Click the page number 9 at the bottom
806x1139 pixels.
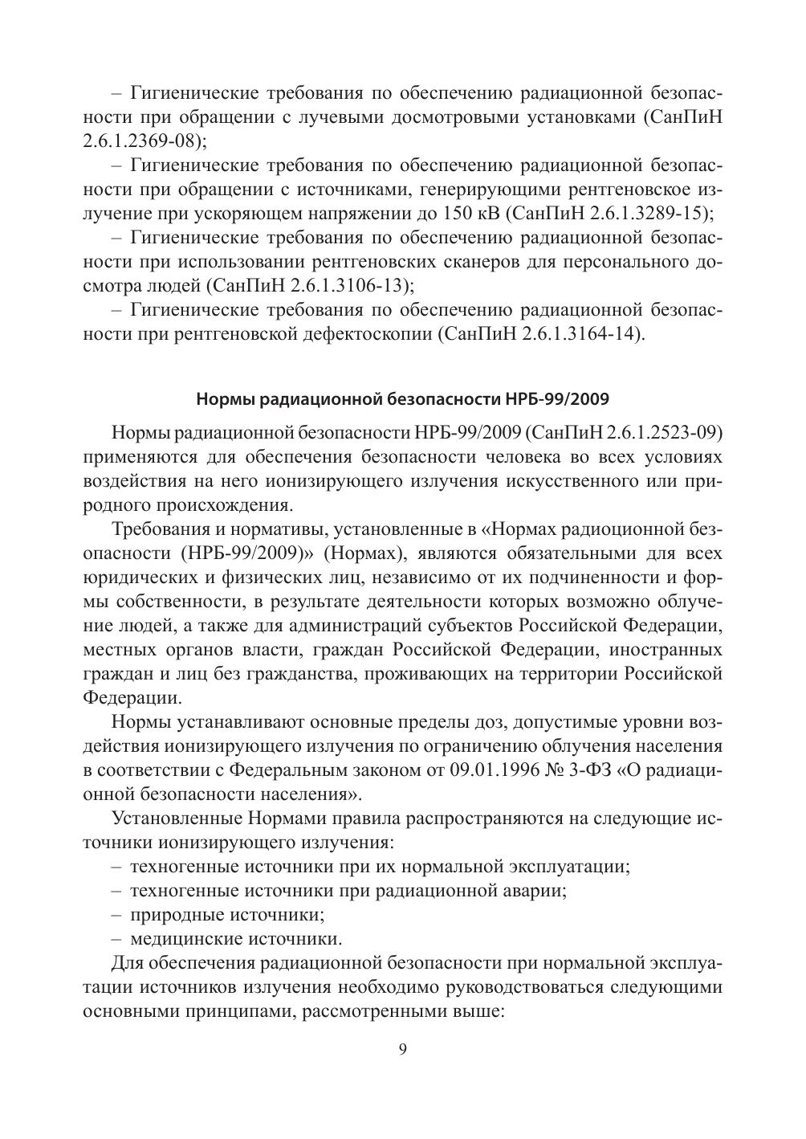point(403,1049)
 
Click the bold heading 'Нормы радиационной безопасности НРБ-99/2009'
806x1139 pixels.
point(403,398)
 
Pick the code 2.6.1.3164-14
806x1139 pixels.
point(580,334)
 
